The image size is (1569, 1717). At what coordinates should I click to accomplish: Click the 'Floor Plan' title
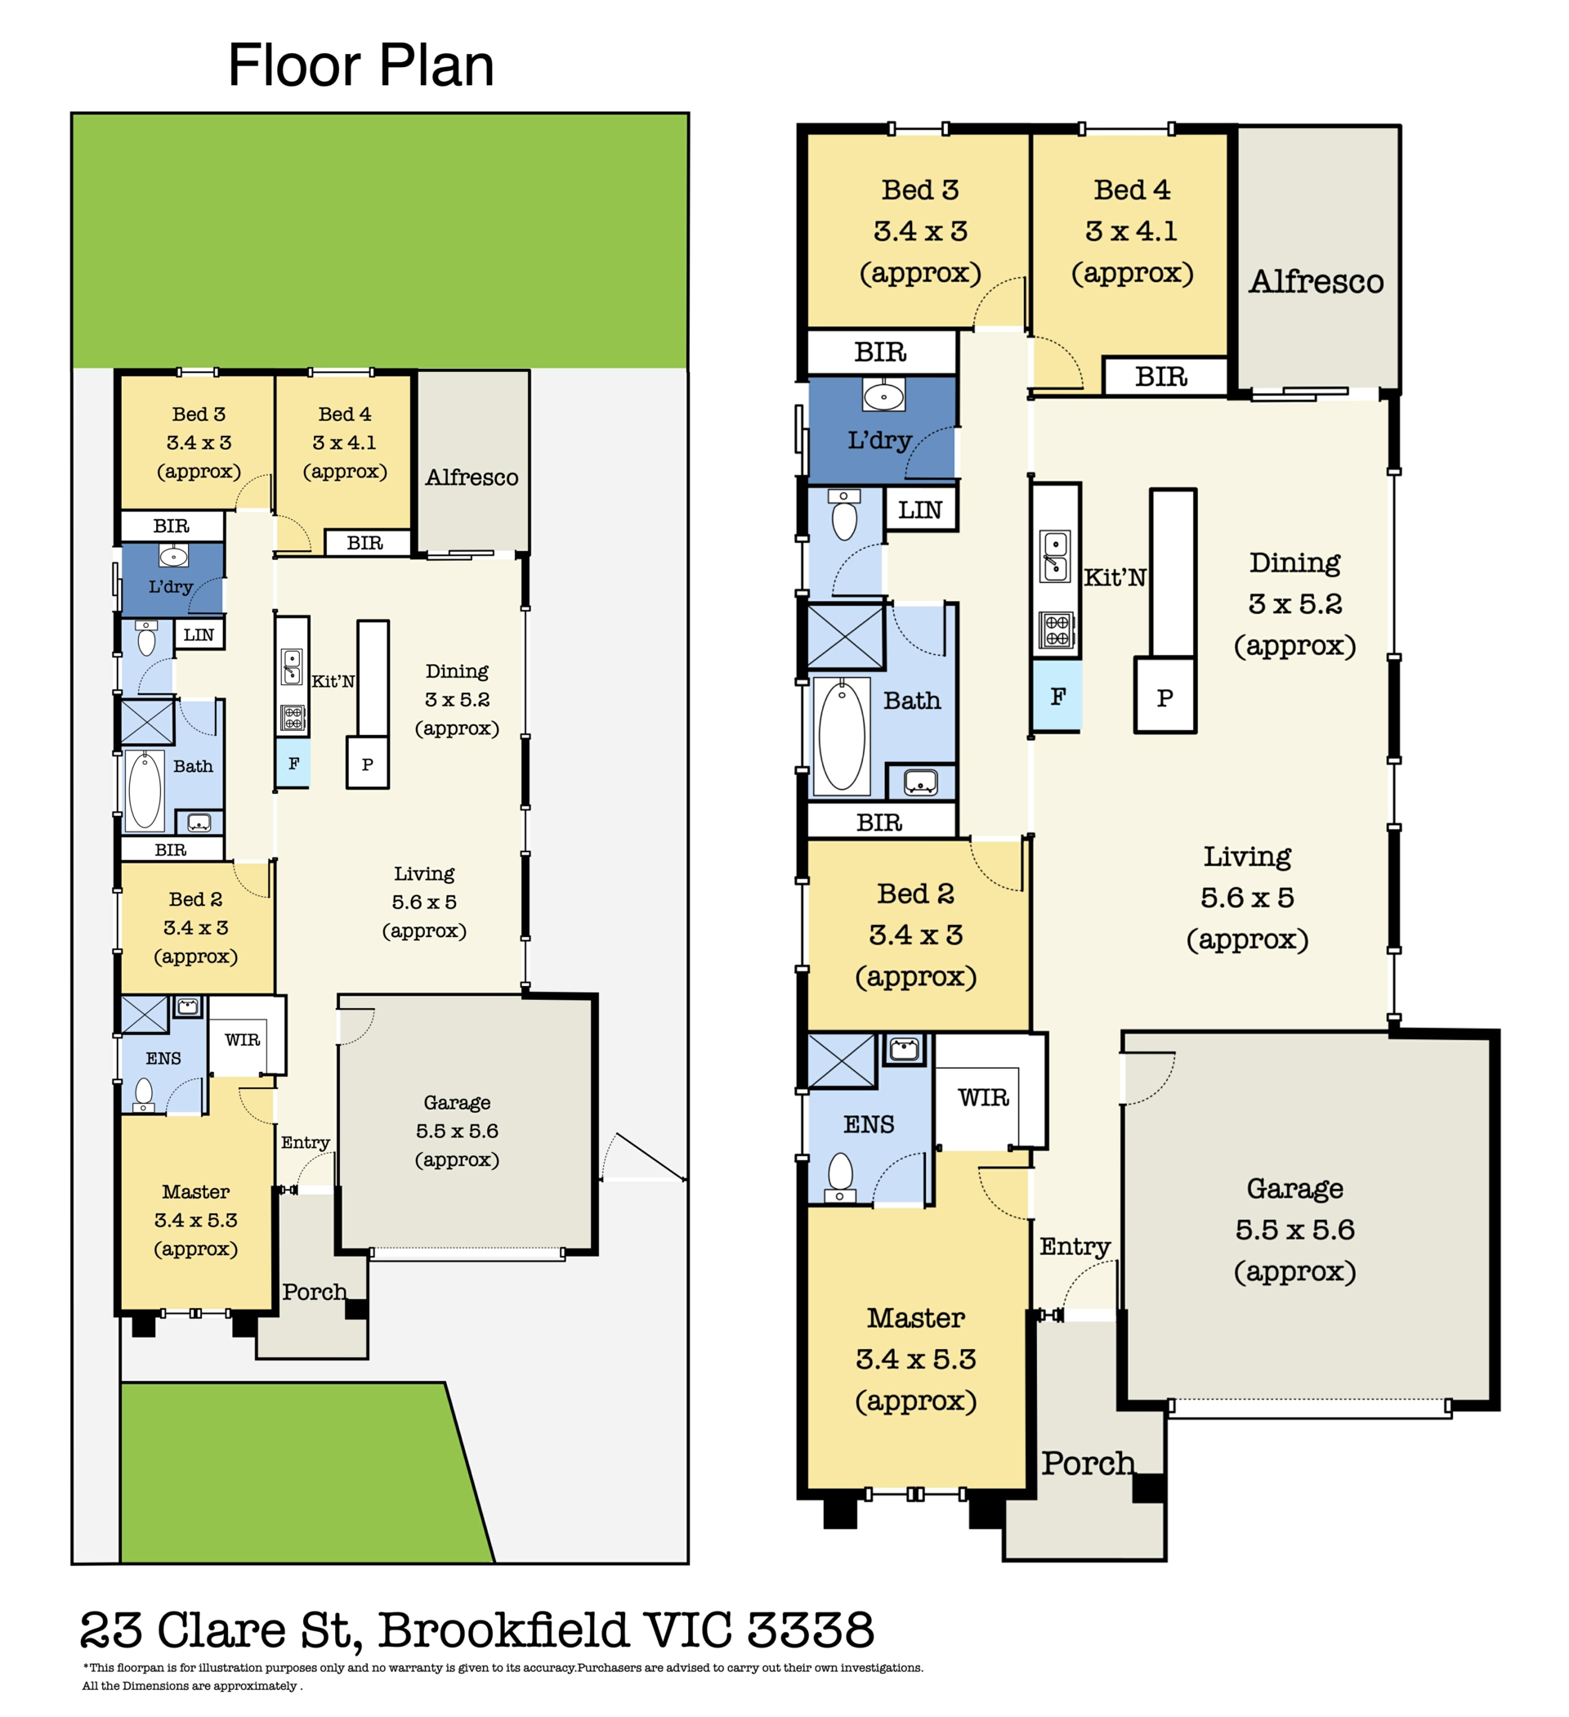(x=360, y=65)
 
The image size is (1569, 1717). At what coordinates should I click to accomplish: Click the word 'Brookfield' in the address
(x=503, y=1630)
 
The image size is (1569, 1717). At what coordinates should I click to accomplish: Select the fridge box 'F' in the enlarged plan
(x=1057, y=696)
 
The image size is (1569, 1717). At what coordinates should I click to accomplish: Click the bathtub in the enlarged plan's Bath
(x=842, y=736)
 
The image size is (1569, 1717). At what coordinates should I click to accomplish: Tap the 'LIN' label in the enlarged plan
(x=919, y=509)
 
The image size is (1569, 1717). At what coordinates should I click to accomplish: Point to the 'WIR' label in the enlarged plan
(x=983, y=1097)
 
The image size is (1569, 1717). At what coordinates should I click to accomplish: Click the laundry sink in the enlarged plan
(x=883, y=395)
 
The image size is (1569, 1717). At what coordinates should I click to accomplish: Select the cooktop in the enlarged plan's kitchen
(x=1057, y=630)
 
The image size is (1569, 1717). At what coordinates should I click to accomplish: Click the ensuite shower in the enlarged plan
(x=841, y=1060)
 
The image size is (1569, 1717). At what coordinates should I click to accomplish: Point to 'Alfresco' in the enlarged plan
(x=1316, y=282)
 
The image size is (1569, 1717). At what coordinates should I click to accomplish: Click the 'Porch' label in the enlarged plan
(x=1088, y=1464)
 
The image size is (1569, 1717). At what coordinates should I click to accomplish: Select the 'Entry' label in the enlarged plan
(x=1075, y=1247)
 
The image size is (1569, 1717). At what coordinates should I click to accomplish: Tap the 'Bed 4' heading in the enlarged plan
(x=1132, y=189)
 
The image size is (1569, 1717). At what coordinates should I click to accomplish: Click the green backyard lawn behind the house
(x=380, y=241)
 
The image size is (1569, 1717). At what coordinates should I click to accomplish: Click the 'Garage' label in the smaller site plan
(x=457, y=1103)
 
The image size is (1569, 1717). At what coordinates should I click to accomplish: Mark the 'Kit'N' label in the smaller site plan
(x=333, y=681)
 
